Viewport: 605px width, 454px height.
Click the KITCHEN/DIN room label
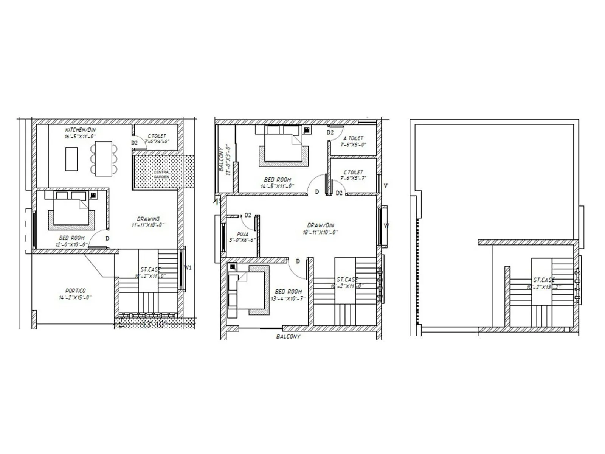81,130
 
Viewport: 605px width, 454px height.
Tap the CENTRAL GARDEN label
162,174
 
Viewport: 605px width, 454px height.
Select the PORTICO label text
76,291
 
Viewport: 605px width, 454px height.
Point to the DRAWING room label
148,219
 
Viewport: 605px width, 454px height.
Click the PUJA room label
242,234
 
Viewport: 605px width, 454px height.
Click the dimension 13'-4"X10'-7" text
288,298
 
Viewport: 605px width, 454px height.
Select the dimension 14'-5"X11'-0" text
277,186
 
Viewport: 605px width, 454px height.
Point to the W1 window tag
188,268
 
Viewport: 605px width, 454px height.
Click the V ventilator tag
385,186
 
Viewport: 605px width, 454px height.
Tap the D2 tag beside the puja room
248,215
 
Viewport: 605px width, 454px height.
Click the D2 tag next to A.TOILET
330,132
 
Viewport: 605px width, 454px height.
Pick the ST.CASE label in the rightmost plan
544,280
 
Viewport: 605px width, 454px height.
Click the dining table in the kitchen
103,158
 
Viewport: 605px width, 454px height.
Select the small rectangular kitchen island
71,159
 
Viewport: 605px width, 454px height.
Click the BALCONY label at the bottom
288,336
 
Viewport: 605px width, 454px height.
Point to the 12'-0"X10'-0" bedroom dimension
71,244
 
